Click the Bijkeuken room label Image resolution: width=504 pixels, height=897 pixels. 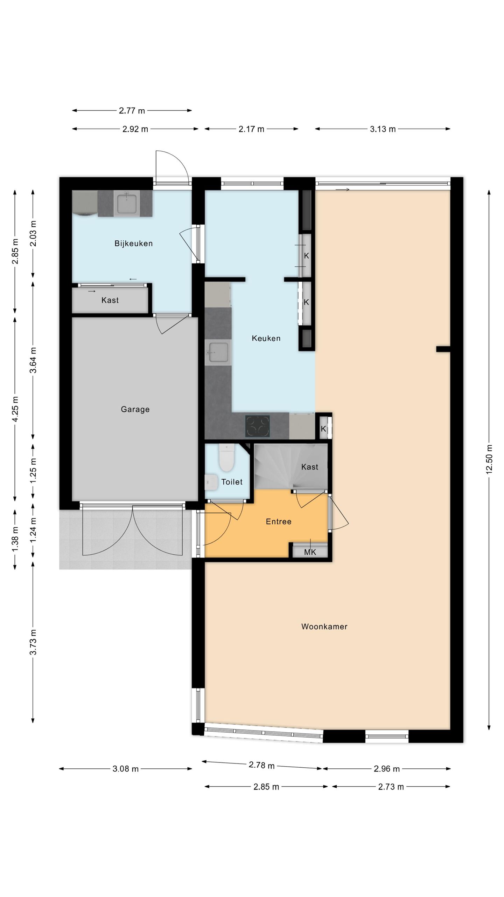(x=133, y=244)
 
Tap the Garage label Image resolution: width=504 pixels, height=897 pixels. (x=135, y=409)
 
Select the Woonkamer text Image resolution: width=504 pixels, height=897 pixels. (x=324, y=626)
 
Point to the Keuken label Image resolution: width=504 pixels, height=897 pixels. (x=266, y=338)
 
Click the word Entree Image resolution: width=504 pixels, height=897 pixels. (x=279, y=522)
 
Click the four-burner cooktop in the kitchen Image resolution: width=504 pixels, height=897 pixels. (x=258, y=426)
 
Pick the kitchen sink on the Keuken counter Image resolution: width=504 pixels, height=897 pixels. (x=218, y=352)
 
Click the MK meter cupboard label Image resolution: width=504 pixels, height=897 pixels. (x=310, y=553)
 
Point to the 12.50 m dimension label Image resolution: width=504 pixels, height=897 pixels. (x=489, y=459)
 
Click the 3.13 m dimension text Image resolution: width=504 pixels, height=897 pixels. (x=383, y=129)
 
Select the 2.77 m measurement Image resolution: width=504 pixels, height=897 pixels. (x=132, y=111)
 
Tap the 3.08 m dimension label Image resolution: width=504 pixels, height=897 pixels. (x=126, y=769)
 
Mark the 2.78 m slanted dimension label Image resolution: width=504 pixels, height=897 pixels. (x=262, y=765)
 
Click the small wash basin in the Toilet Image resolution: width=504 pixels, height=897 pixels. (x=211, y=482)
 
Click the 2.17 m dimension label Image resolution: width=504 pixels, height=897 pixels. (x=251, y=129)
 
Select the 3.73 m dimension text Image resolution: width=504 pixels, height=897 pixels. (x=33, y=642)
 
